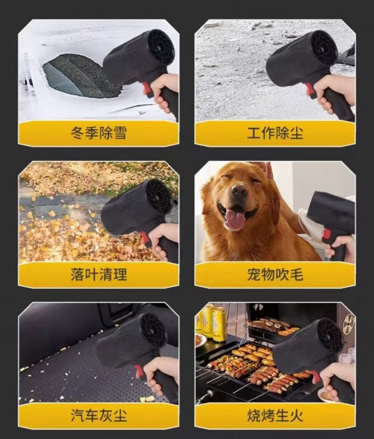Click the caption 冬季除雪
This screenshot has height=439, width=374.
99,133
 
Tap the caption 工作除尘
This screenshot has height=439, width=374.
275,133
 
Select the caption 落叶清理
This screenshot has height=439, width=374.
99,274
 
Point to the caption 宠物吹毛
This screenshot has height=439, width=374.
275,274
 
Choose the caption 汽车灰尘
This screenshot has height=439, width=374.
99,415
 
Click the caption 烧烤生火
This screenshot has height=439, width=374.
275,415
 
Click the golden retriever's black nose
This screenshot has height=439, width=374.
239,191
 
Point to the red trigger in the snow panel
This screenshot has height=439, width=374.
147,88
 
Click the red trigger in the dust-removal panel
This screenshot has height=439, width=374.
311,90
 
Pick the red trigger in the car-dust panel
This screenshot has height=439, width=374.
139,371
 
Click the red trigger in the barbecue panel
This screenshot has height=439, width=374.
316,377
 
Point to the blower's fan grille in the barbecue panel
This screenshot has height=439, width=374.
330,335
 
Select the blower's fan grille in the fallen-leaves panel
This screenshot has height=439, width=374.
158,196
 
